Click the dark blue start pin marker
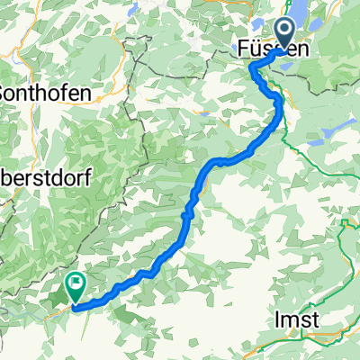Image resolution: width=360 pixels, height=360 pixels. pyautogui.click(x=287, y=33)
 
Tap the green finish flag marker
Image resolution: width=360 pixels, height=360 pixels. pyautogui.click(x=75, y=287)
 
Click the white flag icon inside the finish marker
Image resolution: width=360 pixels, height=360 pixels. pyautogui.click(x=76, y=284)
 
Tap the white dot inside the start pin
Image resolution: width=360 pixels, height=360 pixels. pyautogui.click(x=287, y=31)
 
